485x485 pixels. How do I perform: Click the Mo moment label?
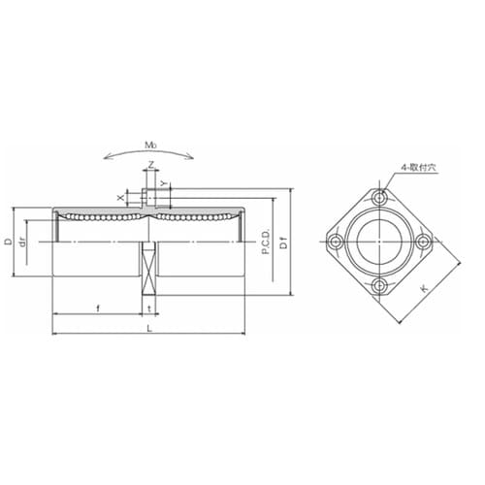click(150, 145)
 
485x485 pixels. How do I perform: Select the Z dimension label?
click(151, 165)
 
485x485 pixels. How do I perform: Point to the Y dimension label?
click(164, 183)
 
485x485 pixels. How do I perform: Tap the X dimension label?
click(120, 197)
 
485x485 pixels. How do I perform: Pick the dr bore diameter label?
click(22, 242)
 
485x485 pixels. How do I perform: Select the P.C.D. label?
click(266, 242)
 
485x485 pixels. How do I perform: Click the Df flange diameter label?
click(283, 242)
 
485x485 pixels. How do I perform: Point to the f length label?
click(98, 308)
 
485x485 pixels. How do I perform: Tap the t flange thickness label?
click(149, 308)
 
